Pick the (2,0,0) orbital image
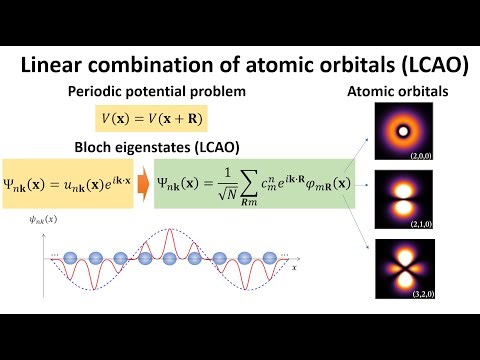click(x=406, y=134)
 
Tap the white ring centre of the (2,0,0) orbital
click(x=406, y=131)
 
